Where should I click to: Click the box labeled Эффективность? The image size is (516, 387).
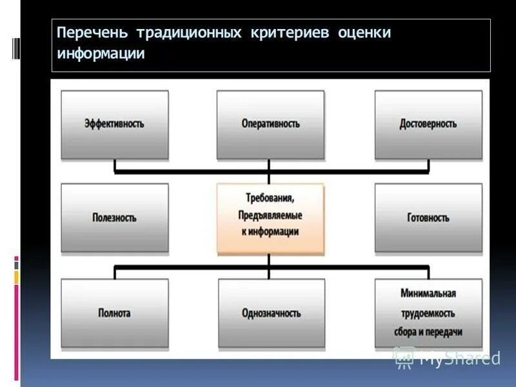(114, 124)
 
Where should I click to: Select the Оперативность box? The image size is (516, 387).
(270, 124)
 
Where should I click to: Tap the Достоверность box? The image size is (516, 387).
(428, 124)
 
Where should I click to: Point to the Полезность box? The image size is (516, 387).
(114, 218)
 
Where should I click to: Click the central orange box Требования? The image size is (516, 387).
(270, 218)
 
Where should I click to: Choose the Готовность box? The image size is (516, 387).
(428, 218)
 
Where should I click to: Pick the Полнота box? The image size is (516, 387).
(114, 313)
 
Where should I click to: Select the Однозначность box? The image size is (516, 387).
(270, 313)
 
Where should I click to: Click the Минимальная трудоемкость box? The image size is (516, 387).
(428, 313)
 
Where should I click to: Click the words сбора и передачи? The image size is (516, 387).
(428, 332)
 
